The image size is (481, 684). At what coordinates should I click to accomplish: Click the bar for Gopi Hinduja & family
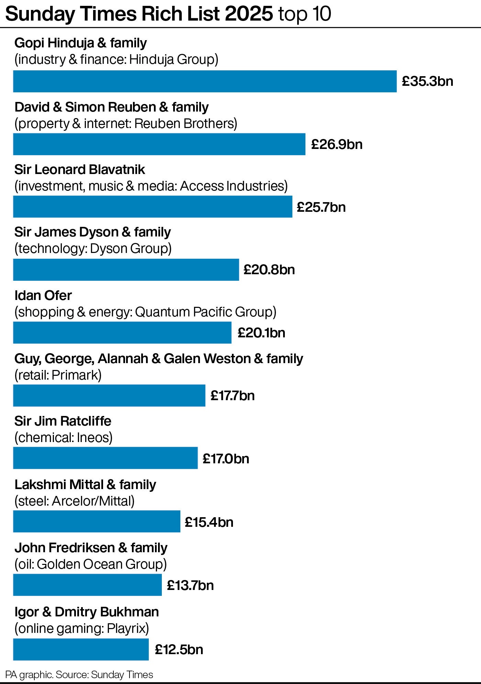tap(205, 81)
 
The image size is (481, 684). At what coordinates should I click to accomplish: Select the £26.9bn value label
tap(337, 144)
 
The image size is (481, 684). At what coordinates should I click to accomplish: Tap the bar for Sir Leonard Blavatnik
tap(153, 207)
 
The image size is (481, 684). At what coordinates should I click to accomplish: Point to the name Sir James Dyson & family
tap(92, 232)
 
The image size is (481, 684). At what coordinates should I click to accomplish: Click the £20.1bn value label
tap(261, 333)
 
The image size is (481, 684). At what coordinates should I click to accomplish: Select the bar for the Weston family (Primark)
tap(109, 395)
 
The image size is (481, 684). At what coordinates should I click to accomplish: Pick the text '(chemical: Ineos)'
tap(64, 438)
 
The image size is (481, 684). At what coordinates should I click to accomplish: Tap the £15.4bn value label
tap(209, 522)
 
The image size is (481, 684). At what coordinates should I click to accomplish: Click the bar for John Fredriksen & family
tap(87, 585)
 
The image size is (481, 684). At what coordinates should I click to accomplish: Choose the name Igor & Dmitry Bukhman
tap(87, 612)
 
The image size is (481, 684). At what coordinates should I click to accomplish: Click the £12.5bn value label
tap(179, 649)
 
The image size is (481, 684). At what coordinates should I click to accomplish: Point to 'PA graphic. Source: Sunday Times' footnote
tap(79, 675)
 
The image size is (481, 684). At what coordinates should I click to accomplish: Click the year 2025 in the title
tap(249, 14)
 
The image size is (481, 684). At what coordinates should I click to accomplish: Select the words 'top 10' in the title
tap(304, 14)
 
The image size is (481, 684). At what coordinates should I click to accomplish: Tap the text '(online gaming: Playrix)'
tap(82, 628)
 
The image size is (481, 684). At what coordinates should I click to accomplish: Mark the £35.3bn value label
tap(427, 81)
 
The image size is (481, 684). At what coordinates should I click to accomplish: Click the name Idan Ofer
tap(43, 295)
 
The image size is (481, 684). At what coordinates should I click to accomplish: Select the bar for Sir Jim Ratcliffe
tap(105, 458)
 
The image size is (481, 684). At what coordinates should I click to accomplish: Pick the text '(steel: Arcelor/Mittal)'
tap(75, 501)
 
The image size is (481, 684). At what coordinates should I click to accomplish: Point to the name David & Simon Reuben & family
tap(111, 107)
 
